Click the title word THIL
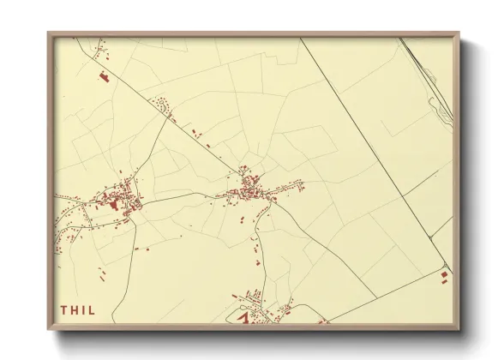pos(78,309)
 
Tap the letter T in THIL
pos(63,309)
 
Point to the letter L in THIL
pos(93,309)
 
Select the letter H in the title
pos(74,309)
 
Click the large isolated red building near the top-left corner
pos(106,77)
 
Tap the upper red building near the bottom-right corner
pos(444,273)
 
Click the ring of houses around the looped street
pos(159,106)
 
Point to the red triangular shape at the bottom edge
pos(243,318)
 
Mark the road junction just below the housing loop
pos(172,120)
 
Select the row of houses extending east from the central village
pos(288,186)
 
